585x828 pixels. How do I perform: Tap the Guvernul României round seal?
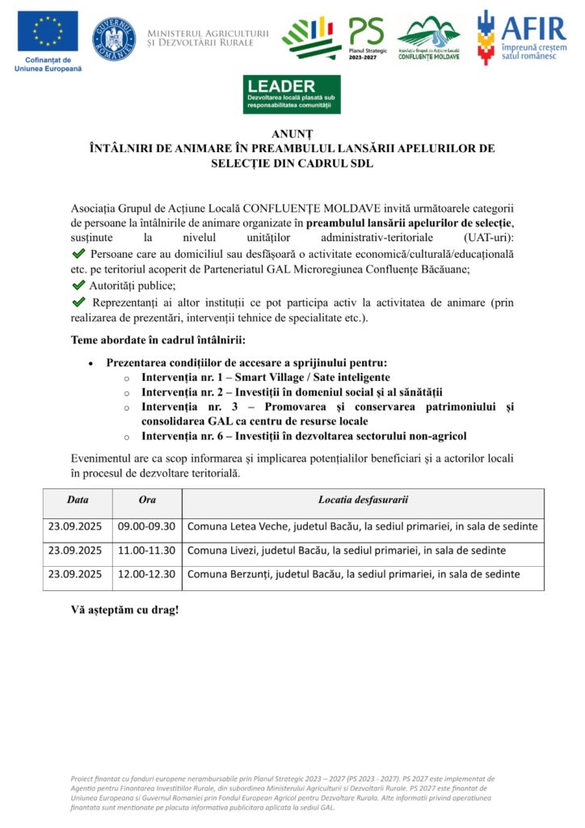tap(114, 37)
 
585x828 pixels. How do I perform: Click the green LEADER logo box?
tap(292, 95)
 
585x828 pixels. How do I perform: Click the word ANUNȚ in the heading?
tap(292, 133)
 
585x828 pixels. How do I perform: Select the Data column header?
tap(78, 500)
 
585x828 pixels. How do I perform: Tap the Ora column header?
tap(147, 500)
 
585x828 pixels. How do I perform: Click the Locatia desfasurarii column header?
tap(363, 500)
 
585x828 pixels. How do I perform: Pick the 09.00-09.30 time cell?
tap(147, 526)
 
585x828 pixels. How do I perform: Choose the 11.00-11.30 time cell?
tap(147, 551)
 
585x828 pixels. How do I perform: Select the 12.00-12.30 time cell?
tap(147, 575)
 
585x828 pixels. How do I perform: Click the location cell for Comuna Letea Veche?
tap(362, 526)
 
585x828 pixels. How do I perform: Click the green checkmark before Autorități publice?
tap(78, 285)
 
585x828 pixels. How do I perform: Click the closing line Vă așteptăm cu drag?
tap(124, 610)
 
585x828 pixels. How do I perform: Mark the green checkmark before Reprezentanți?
tap(78, 302)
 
